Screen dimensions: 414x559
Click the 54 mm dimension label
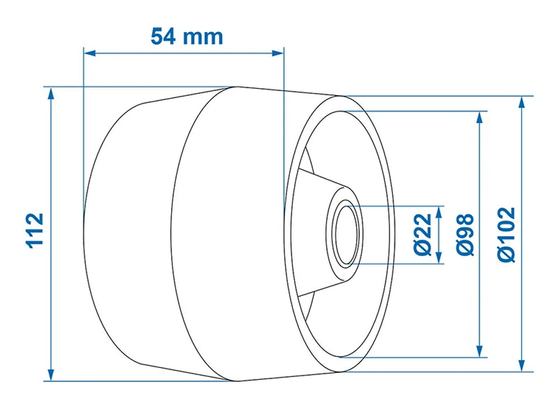tap(187, 36)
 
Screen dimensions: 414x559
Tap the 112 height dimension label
tap(35, 230)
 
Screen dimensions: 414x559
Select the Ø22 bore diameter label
tap(424, 234)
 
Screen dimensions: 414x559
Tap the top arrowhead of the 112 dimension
tap(51, 93)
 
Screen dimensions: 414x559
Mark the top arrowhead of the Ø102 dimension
tap(522, 102)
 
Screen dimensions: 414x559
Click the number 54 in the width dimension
tap(164, 36)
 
